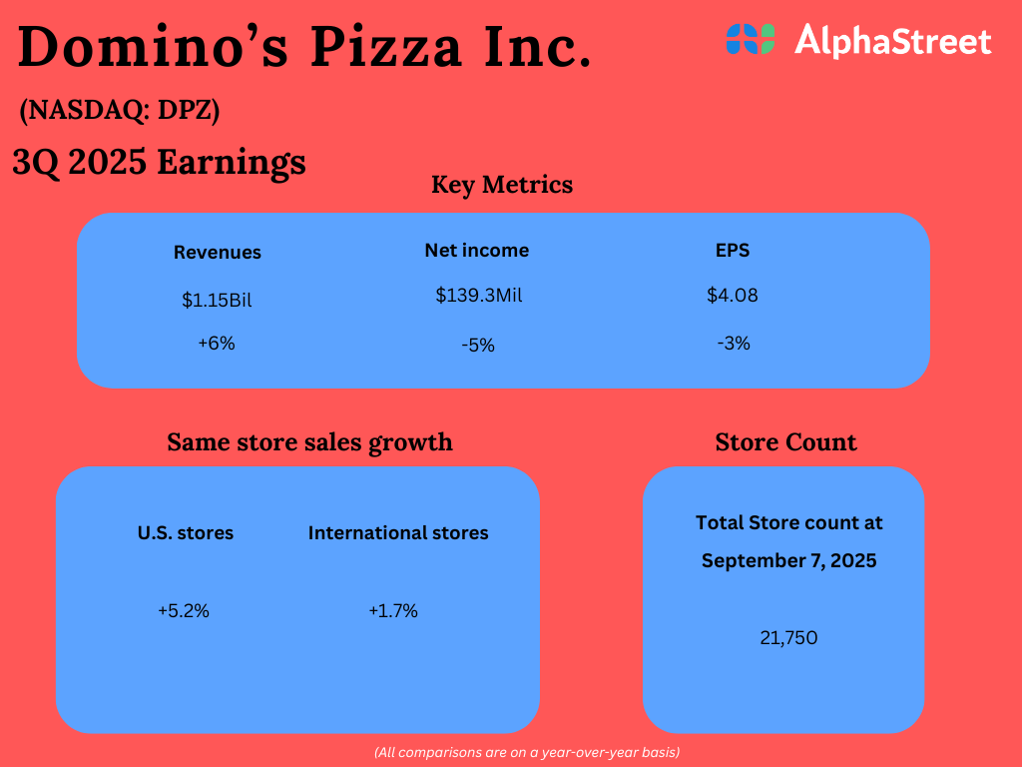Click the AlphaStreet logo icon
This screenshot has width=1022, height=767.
tap(750, 39)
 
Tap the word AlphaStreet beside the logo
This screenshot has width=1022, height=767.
tap(892, 41)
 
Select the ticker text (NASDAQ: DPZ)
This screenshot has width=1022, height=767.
tap(120, 112)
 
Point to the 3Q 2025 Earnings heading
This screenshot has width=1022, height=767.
tap(160, 162)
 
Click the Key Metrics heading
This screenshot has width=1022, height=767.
tap(502, 185)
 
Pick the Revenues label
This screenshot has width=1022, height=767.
tap(218, 253)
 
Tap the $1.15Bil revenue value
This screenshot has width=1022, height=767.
tap(217, 300)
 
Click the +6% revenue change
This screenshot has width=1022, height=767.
tap(217, 343)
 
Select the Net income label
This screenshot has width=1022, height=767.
tap(477, 250)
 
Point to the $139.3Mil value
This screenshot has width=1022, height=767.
tap(479, 296)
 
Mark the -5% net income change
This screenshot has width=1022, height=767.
tap(478, 345)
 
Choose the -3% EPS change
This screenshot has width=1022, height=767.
tap(734, 343)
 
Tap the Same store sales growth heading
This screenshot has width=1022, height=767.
tap(309, 441)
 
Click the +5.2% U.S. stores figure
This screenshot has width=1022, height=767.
tap(184, 611)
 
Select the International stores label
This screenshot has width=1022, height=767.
tap(398, 533)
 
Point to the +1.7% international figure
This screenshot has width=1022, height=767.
tap(393, 611)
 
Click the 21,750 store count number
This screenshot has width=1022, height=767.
tap(788, 637)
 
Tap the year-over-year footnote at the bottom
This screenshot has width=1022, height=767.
tap(527, 751)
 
